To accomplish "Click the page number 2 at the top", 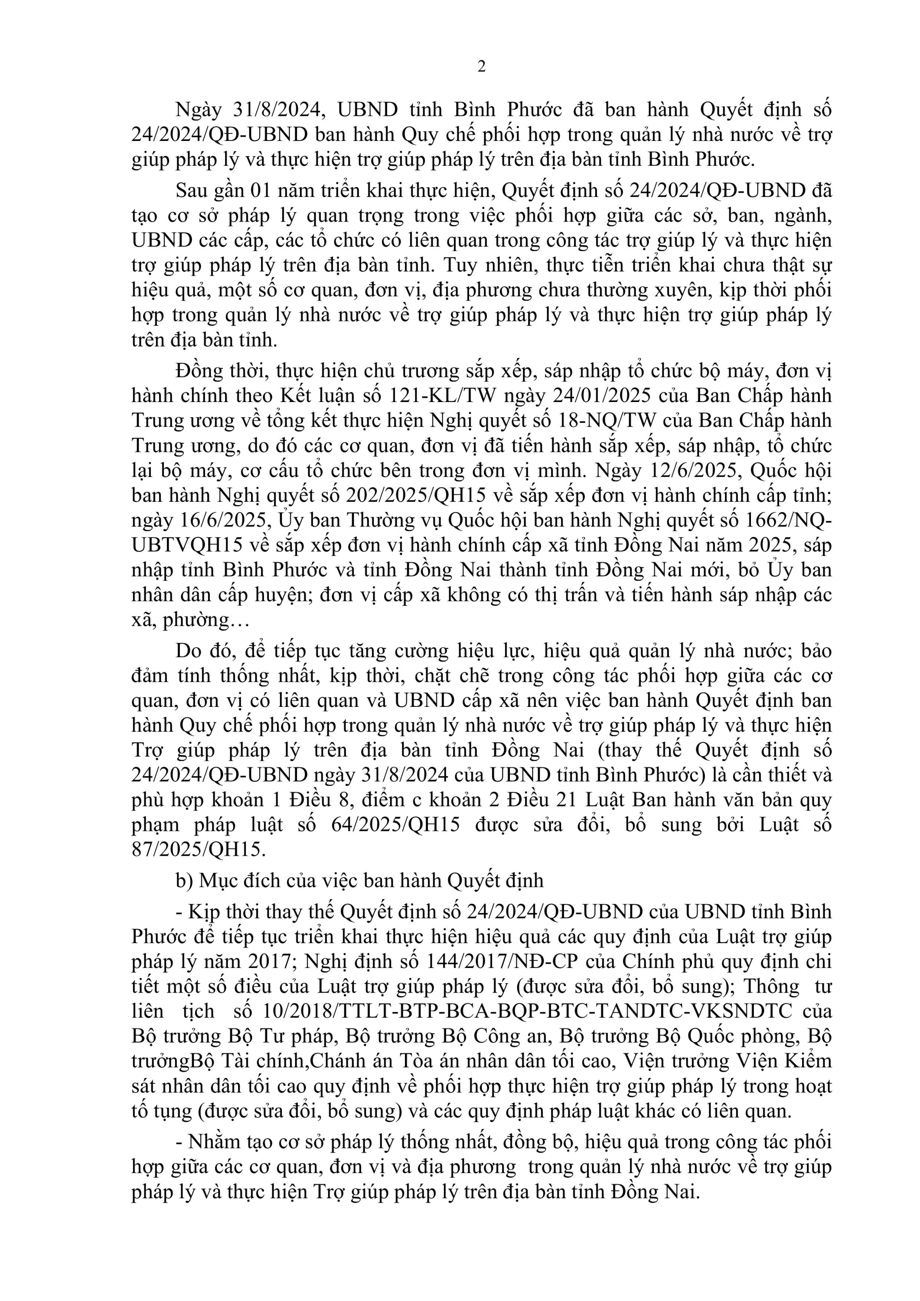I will click(x=482, y=67).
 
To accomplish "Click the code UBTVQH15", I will click(x=188, y=545).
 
